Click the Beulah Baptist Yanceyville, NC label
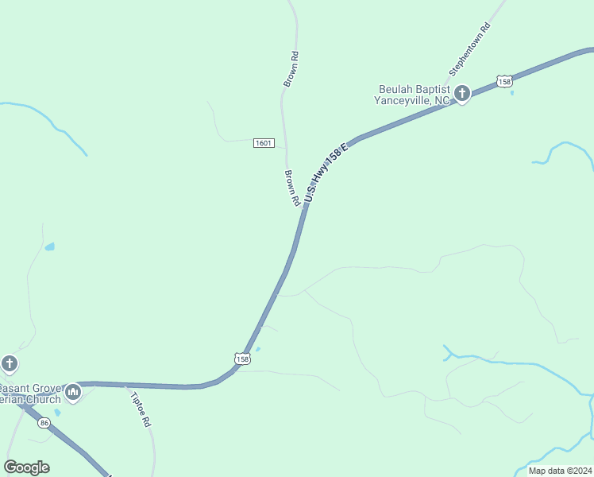pos(413,95)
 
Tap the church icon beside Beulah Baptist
pos(462,94)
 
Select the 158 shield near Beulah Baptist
pos(503,80)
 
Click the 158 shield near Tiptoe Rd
pos(242,359)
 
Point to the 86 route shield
pos(44,422)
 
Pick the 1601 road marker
pos(264,143)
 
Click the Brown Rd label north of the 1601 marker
pos(291,69)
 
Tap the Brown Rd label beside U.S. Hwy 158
pos(291,188)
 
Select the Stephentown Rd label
pos(470,49)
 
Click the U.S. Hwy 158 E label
pos(326,172)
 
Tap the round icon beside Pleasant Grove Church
pos(73,392)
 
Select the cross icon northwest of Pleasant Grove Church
pos(9,364)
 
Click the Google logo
pos(26,467)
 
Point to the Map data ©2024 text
pos(558,471)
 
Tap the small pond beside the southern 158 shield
pos(256,349)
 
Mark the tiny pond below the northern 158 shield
pos(511,93)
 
